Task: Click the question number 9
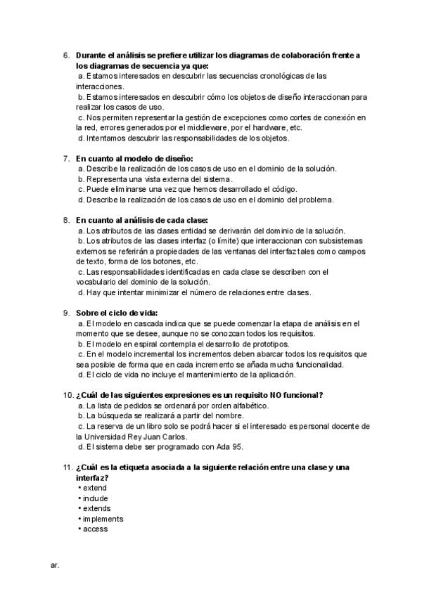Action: pos(66,313)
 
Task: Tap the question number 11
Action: pos(67,467)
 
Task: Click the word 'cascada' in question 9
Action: pos(146,323)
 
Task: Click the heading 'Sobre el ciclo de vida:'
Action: pos(117,313)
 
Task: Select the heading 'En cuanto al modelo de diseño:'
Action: pos(134,158)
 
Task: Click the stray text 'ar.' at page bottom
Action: pos(55,564)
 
